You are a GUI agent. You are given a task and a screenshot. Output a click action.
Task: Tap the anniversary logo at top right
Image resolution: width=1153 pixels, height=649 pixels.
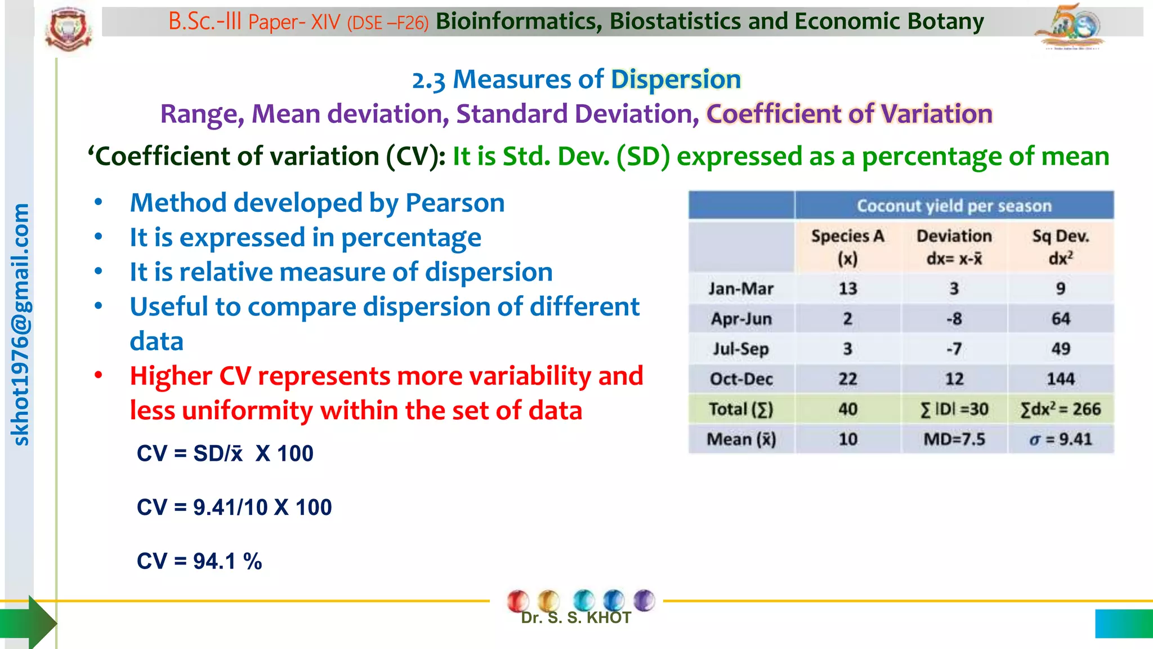pos(1070,26)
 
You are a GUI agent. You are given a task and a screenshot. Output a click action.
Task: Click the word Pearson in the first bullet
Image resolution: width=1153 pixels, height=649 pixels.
pos(455,203)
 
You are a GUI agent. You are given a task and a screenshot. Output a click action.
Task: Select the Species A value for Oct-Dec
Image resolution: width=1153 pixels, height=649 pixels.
pos(847,379)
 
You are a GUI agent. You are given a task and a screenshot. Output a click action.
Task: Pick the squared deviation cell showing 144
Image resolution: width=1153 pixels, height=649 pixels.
pos(1060,379)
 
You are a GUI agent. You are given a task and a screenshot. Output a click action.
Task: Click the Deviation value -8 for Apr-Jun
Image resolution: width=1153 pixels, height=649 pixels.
pos(954,319)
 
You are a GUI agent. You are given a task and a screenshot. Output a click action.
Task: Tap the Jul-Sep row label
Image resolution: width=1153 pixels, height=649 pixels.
pos(740,349)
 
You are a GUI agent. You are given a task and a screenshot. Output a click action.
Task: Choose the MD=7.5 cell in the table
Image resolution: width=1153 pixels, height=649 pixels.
pos(954,439)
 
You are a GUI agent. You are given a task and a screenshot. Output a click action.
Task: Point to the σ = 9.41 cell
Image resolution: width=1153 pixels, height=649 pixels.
pos(1060,439)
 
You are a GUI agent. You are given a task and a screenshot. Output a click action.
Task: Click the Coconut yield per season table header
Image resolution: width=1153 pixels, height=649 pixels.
pos(954,206)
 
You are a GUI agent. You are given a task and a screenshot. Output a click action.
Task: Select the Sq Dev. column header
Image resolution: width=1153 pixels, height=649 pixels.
pos(1060,247)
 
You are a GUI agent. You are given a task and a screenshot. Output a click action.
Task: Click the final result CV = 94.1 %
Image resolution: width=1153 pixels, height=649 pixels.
pos(199,561)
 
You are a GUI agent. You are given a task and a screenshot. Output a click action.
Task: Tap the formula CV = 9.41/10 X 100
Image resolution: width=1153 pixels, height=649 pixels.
pos(234,507)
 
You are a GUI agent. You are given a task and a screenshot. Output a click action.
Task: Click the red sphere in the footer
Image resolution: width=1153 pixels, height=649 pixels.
pos(518,601)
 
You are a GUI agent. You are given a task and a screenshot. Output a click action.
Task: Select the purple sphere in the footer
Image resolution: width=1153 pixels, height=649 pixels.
pos(644,599)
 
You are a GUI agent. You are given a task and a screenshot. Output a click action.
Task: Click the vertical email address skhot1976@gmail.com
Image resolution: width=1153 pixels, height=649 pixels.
pos(21,325)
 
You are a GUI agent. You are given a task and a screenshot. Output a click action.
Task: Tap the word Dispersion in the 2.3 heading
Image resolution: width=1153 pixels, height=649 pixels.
pos(676,79)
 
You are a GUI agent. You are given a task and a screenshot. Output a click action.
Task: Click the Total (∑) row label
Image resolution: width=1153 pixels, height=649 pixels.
pos(740,410)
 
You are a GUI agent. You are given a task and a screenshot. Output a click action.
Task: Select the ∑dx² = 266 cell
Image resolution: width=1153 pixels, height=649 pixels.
pos(1060,410)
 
